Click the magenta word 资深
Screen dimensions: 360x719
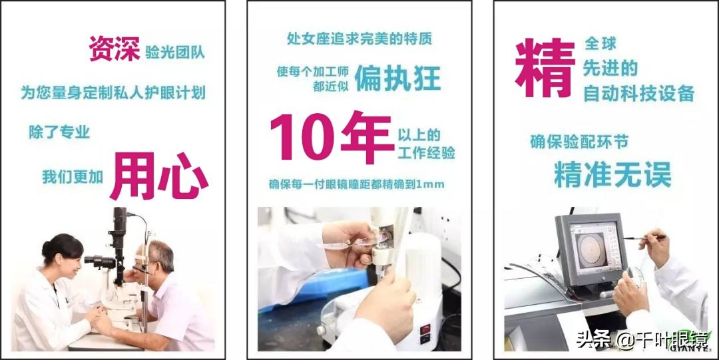click(x=114, y=49)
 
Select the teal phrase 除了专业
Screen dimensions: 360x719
click(x=59, y=132)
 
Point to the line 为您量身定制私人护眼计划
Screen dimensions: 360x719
click(x=113, y=92)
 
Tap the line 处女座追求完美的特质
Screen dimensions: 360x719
click(x=359, y=39)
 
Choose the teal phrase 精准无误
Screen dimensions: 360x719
click(x=612, y=174)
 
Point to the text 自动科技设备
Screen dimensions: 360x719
click(x=638, y=93)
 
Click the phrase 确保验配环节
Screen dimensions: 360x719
click(x=579, y=141)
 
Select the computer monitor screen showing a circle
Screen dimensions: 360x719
click(x=590, y=248)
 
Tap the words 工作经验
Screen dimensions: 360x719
click(x=426, y=153)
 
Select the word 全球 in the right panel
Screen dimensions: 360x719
click(x=600, y=45)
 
